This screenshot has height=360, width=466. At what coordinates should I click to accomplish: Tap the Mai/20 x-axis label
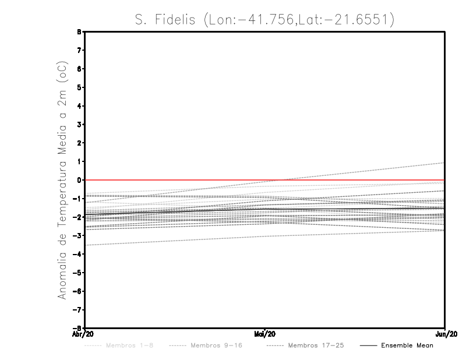tap(265, 334)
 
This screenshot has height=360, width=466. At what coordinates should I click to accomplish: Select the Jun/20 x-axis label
tap(445, 334)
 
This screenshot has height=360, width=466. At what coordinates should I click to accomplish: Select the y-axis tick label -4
tap(77, 254)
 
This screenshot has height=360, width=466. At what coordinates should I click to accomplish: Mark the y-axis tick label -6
tap(77, 291)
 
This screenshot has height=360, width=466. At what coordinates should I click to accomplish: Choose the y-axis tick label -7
tap(77, 309)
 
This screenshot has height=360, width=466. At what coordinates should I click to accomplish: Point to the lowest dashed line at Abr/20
tap(86, 245)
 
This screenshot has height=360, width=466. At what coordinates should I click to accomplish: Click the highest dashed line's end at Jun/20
tap(444, 163)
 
